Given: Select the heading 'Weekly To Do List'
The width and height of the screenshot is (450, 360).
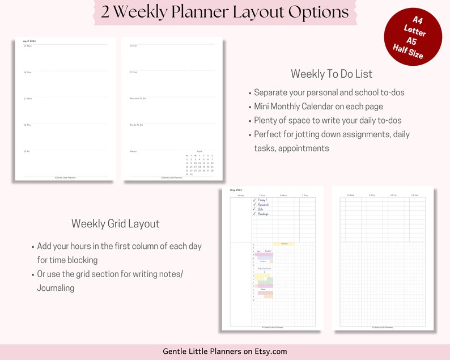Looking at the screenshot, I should point(331,74).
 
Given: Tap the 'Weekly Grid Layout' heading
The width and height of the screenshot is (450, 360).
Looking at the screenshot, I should point(115,223).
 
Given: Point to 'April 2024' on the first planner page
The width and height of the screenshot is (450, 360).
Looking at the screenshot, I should point(29,41).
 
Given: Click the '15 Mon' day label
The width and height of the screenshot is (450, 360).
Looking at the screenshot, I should point(28,46).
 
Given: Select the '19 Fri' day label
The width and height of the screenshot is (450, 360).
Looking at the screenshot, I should point(27,151).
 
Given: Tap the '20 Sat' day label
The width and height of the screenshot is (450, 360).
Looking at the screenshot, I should point(134,45).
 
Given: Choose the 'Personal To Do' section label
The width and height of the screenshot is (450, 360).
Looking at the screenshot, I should point(138,99).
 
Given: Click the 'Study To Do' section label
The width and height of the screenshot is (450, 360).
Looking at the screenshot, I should point(137,125).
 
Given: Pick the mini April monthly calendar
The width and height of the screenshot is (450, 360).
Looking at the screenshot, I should point(199,163).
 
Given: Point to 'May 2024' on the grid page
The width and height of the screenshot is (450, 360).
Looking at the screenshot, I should point(236,190).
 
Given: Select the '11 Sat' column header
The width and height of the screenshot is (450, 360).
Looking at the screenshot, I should point(414,195).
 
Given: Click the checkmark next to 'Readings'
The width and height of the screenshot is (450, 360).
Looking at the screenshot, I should point(254,214).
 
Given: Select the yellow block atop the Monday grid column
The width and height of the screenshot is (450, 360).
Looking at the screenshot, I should point(284,244).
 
